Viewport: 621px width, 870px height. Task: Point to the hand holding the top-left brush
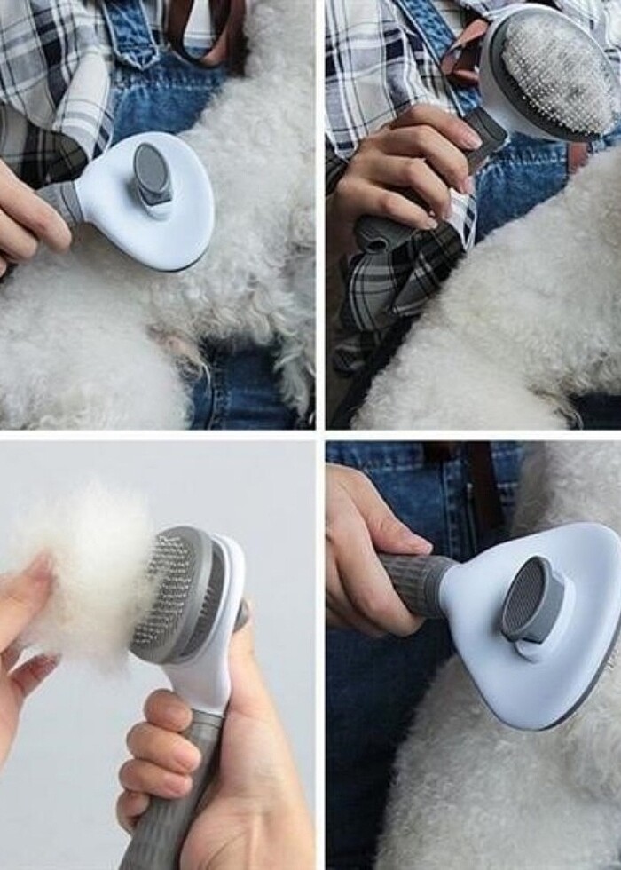click(x=31, y=213)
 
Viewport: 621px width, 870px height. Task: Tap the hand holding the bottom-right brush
click(x=364, y=550)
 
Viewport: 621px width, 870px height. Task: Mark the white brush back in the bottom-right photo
click(x=568, y=657)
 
